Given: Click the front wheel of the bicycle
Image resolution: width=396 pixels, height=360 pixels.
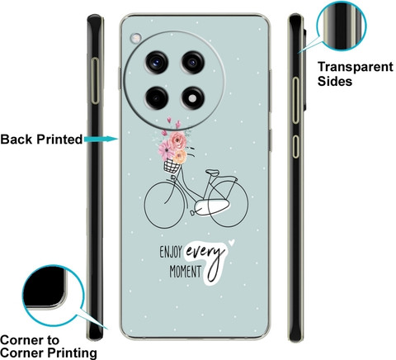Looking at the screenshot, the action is click(x=145, y=205).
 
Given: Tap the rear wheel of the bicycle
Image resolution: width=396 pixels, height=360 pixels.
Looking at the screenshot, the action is click(x=247, y=204).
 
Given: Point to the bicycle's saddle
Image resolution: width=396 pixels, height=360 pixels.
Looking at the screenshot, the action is click(x=213, y=173).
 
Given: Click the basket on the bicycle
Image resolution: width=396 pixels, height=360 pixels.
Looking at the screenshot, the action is click(x=172, y=166).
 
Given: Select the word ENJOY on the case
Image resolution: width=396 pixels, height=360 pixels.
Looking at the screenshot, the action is click(x=171, y=252).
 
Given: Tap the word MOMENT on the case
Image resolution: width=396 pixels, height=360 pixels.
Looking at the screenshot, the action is click(x=186, y=272).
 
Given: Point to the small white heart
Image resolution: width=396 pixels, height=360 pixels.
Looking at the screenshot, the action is click(x=232, y=242).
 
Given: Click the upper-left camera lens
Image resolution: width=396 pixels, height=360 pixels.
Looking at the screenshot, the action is click(x=157, y=62).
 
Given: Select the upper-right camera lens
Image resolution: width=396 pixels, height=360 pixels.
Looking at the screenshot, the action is click(x=193, y=62).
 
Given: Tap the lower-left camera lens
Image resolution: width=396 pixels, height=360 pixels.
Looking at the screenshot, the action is click(x=157, y=97).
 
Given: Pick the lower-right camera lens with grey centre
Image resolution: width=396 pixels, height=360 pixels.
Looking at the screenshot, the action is click(x=193, y=97).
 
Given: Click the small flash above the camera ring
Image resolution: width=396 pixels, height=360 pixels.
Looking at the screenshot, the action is click(x=135, y=38).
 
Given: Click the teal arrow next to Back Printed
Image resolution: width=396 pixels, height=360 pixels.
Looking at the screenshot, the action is click(x=101, y=139).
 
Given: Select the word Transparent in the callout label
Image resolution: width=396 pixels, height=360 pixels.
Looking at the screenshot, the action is click(x=356, y=67).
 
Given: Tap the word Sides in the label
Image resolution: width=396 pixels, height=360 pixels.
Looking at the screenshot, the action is click(x=335, y=82).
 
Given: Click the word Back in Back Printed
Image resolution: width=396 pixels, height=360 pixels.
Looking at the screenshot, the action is click(x=16, y=140).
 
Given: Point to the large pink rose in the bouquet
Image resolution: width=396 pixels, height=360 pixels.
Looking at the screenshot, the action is click(x=177, y=140).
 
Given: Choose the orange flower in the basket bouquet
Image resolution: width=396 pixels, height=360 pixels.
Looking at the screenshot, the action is click(x=181, y=156).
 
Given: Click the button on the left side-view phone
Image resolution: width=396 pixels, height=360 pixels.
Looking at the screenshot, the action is click(x=95, y=81).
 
